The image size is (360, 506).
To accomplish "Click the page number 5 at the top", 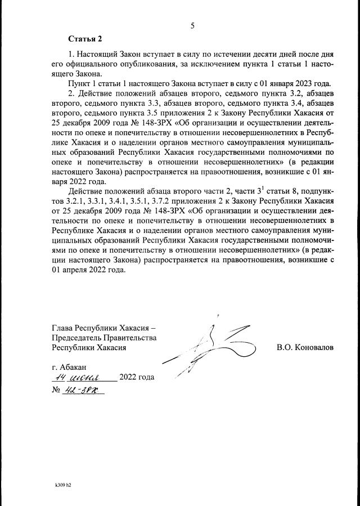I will click(x=192, y=25).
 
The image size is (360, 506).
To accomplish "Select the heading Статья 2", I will click(x=85, y=39).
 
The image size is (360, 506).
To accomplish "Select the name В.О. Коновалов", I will click(x=305, y=347).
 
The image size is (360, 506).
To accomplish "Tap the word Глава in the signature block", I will click(x=62, y=328).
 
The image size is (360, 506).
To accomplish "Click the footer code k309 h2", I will click(x=63, y=483).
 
